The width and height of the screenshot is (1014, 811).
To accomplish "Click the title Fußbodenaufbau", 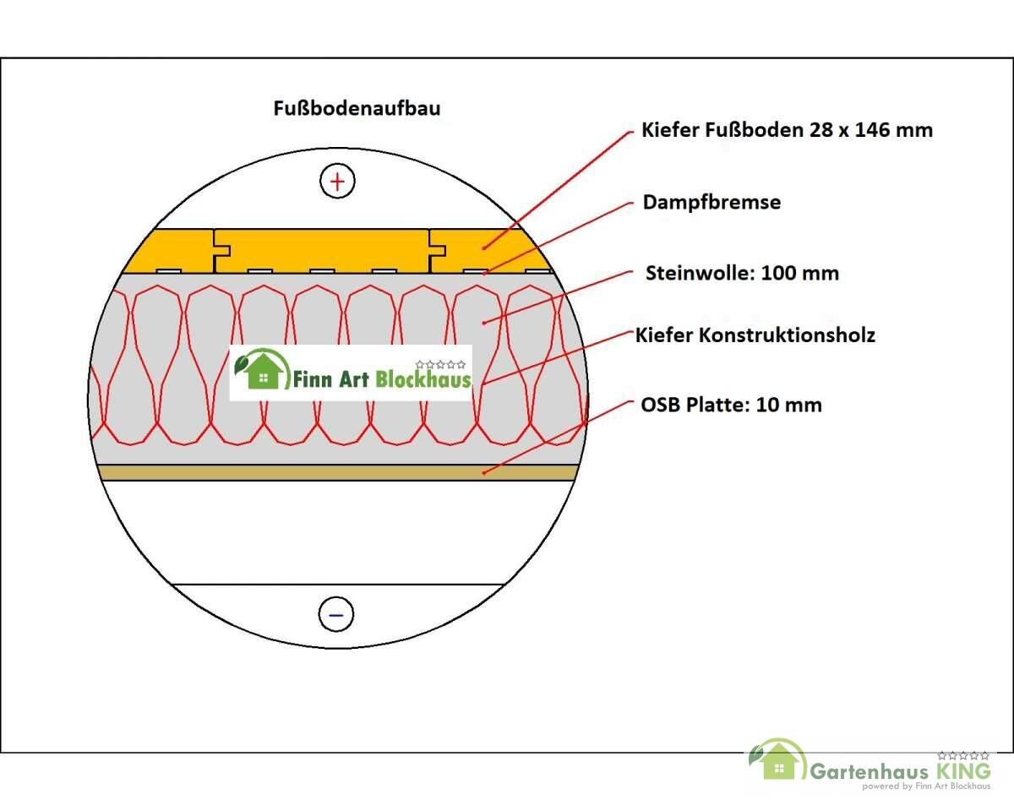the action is pos(357,108).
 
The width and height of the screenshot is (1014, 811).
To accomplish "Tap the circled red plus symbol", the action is pos(337,181).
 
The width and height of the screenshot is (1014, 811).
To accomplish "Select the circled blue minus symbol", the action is pos(336,614).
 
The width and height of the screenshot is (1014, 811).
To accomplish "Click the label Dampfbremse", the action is pos(711,202).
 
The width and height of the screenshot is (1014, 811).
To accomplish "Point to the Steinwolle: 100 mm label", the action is pos(742,273).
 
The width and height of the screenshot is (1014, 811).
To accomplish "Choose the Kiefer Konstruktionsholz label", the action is pos(755,335).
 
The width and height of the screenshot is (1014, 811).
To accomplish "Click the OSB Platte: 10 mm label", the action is pos(731,405).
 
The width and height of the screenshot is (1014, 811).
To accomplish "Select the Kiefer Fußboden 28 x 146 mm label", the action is pos(787,130).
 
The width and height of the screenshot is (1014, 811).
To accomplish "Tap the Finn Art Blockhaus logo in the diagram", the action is pos(351,373).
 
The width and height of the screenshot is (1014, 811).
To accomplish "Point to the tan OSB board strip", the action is pos(337,472).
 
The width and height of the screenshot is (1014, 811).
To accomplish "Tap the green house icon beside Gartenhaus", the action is pos(777,760).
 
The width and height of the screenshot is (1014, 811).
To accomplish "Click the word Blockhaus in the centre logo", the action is pos(423,378).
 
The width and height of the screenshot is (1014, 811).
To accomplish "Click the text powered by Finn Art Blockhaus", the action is pos(926,786).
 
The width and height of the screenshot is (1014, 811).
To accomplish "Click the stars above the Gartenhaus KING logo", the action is pos(963,756).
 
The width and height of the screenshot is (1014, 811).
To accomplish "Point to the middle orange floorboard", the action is pos(322,251).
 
